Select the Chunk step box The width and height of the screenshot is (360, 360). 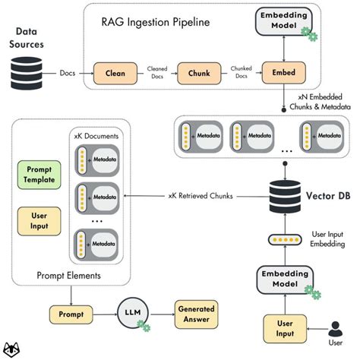click(x=193, y=74)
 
